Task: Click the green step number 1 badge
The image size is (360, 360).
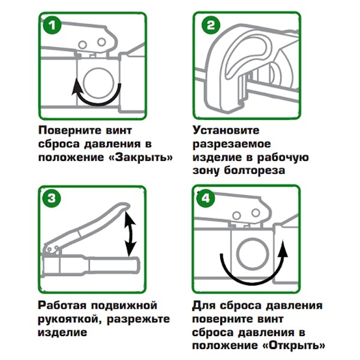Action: click(x=52, y=25)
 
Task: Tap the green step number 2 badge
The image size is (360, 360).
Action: click(x=211, y=25)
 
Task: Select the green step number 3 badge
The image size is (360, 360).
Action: click(x=52, y=198)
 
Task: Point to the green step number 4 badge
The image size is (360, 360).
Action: click(x=205, y=198)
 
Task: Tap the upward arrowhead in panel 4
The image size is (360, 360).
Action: click(x=283, y=248)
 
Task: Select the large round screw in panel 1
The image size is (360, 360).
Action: click(x=98, y=82)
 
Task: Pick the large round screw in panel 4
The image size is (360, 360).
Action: click(x=253, y=254)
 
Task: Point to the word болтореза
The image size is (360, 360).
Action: click(x=254, y=170)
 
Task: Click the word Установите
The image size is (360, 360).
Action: click(x=226, y=130)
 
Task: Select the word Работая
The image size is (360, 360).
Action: click(x=62, y=305)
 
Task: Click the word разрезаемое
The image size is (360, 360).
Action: click(x=232, y=144)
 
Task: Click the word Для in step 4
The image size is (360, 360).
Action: click(x=203, y=306)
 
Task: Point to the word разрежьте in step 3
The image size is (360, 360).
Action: click(x=138, y=319)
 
